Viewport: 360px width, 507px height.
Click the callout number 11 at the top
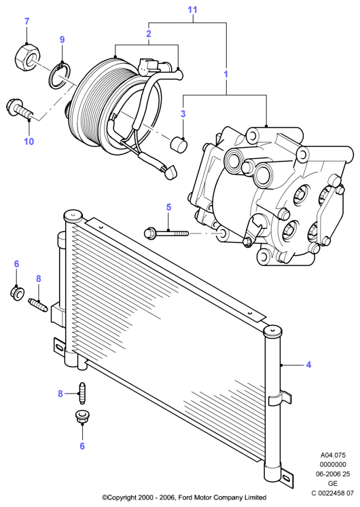192,10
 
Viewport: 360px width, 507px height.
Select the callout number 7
27,22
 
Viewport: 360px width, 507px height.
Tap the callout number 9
62,39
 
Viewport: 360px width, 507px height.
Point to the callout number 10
29,141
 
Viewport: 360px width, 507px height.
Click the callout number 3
183,114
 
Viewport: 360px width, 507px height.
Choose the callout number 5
168,207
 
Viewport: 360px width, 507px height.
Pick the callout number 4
308,364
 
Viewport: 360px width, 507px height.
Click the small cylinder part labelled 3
179,145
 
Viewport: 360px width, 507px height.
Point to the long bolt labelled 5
166,233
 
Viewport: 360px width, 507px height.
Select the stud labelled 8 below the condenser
82,392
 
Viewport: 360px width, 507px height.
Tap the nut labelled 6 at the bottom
82,417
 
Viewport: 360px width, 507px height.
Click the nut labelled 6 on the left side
17,293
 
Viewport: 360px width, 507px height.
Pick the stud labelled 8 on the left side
38,305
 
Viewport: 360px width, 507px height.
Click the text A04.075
333,455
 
